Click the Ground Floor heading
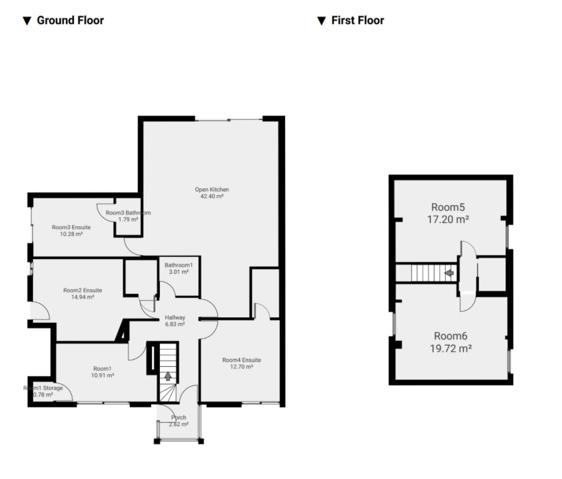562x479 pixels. pyautogui.click(x=70, y=21)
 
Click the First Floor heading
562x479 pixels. pyautogui.click(x=357, y=21)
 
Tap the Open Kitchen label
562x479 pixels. pyautogui.click(x=212, y=190)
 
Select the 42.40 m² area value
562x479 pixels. pyautogui.click(x=212, y=196)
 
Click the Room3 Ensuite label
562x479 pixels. pyautogui.click(x=71, y=227)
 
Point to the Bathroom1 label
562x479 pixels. pyautogui.click(x=179, y=265)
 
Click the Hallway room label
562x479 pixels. pyautogui.click(x=175, y=317)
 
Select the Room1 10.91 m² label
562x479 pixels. pyautogui.click(x=102, y=371)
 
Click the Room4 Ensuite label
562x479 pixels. pyautogui.click(x=241, y=360)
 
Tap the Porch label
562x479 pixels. pyautogui.click(x=179, y=418)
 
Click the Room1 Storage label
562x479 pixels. pyautogui.click(x=44, y=388)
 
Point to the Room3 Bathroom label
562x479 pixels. pyautogui.click(x=128, y=213)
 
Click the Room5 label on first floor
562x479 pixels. pyautogui.click(x=448, y=207)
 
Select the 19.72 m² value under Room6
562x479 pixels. pyautogui.click(x=450, y=349)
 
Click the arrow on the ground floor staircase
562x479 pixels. pyautogui.click(x=169, y=376)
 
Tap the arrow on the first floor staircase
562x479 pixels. pyautogui.click(x=449, y=273)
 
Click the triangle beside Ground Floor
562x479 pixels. pyautogui.click(x=26, y=21)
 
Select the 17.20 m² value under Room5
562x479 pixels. pyautogui.click(x=448, y=219)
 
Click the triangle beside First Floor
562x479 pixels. pyautogui.click(x=321, y=21)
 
